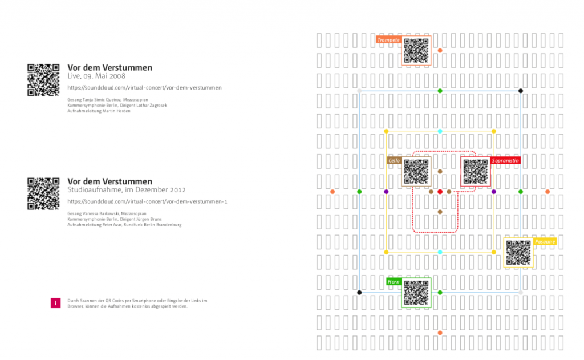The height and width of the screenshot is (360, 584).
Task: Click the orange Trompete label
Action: point(388,40)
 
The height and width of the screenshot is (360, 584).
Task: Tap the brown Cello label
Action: point(394,161)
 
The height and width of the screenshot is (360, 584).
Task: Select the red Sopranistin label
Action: point(505,161)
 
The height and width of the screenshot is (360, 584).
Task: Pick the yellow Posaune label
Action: point(545,241)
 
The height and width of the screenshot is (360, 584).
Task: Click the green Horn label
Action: point(394,282)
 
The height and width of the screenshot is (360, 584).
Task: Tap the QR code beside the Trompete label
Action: point(416,51)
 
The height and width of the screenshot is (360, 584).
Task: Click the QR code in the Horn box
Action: point(416,293)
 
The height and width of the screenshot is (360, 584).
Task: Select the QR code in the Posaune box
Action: point(518,253)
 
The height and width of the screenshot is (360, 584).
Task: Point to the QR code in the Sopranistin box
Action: point(476,172)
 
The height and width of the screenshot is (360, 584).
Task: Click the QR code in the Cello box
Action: point(416,172)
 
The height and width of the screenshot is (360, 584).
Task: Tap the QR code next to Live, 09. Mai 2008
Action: point(43,80)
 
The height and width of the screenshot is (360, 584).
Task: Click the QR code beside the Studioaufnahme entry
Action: point(43,194)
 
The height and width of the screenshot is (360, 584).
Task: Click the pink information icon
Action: point(55,303)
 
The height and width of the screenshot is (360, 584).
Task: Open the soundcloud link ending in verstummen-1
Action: point(147,201)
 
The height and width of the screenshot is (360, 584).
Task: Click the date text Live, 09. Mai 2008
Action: point(96,76)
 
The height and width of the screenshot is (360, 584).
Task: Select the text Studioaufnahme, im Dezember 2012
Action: point(126,190)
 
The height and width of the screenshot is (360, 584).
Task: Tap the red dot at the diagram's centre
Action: point(440,192)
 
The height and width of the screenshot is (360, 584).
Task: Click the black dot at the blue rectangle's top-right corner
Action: point(521,91)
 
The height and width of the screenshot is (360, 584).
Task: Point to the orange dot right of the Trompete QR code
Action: point(440,50)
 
